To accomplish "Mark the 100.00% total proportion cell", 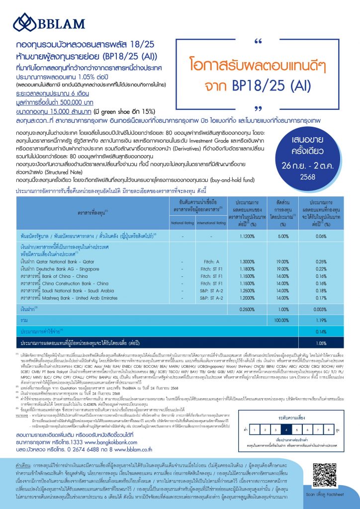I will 282,320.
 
